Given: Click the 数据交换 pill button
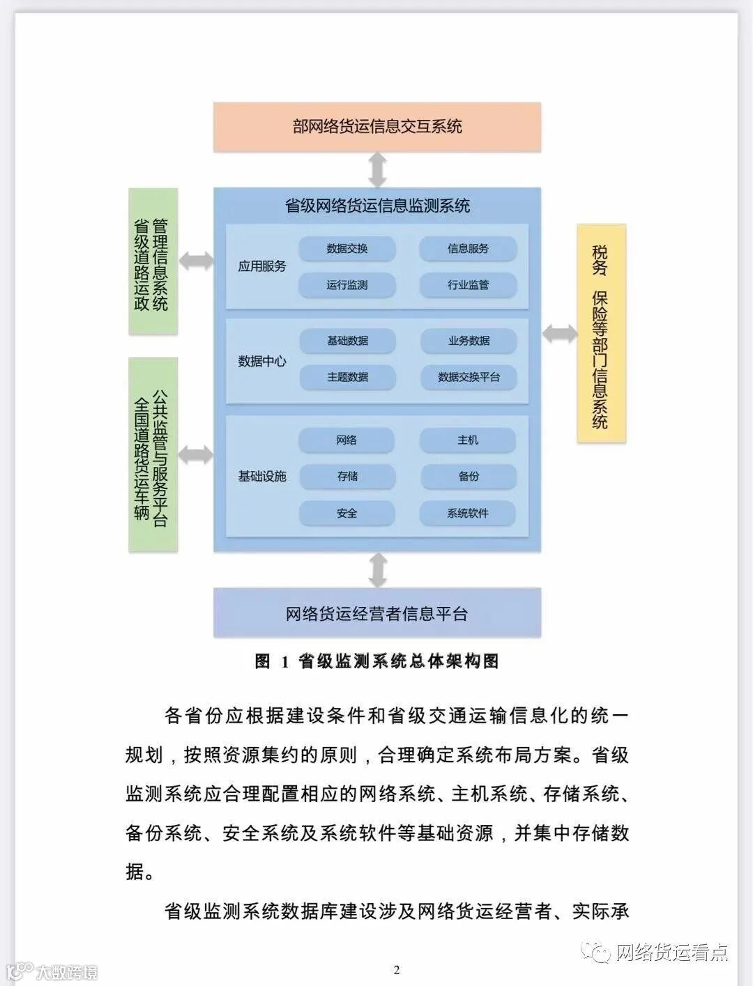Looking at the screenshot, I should click(x=347, y=249).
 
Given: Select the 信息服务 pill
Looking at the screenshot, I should click(x=468, y=249).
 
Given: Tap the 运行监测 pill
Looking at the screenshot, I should click(x=347, y=285).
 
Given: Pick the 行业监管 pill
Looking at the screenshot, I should click(x=468, y=285).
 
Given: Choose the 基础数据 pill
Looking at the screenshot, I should click(x=347, y=341).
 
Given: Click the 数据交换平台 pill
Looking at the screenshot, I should click(x=469, y=377).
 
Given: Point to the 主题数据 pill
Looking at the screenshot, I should click(x=347, y=377).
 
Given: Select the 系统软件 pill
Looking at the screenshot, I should click(x=468, y=514).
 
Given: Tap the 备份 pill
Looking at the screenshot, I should click(x=468, y=477).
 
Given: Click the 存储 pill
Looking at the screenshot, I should click(x=347, y=477).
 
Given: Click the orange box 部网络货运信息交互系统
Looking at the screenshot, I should click(x=377, y=127).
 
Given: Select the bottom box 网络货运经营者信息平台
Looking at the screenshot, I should click(x=377, y=613).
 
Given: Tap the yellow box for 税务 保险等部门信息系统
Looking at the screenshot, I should click(x=601, y=334).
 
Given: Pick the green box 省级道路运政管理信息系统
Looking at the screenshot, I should click(x=153, y=261).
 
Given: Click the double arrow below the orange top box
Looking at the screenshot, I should click(x=377, y=170).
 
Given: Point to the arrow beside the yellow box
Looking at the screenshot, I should click(x=559, y=334).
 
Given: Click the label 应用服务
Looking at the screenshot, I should click(x=262, y=266).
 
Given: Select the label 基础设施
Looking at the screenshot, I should click(x=262, y=477).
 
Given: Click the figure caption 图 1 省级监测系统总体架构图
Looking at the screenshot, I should click(x=377, y=661).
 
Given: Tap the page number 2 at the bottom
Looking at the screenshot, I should click(x=397, y=970).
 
